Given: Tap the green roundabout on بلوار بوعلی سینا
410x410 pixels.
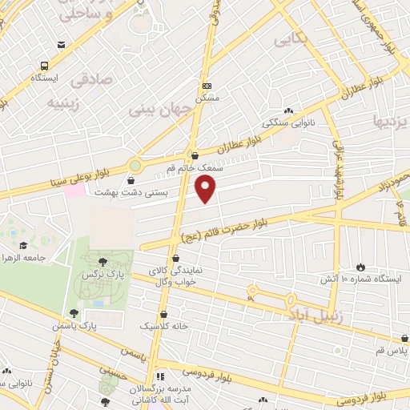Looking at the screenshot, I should click(x=135, y=167).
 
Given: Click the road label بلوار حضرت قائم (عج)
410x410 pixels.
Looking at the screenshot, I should click(x=259, y=225).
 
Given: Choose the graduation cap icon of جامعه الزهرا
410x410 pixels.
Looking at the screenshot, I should click(x=23, y=245).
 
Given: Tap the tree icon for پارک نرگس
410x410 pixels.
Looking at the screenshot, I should click(x=101, y=261).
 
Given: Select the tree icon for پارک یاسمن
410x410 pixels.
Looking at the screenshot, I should click(x=74, y=314).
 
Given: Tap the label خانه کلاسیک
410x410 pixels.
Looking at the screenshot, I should click(x=164, y=327).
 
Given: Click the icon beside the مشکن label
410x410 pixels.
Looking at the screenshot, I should click(x=207, y=86).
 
